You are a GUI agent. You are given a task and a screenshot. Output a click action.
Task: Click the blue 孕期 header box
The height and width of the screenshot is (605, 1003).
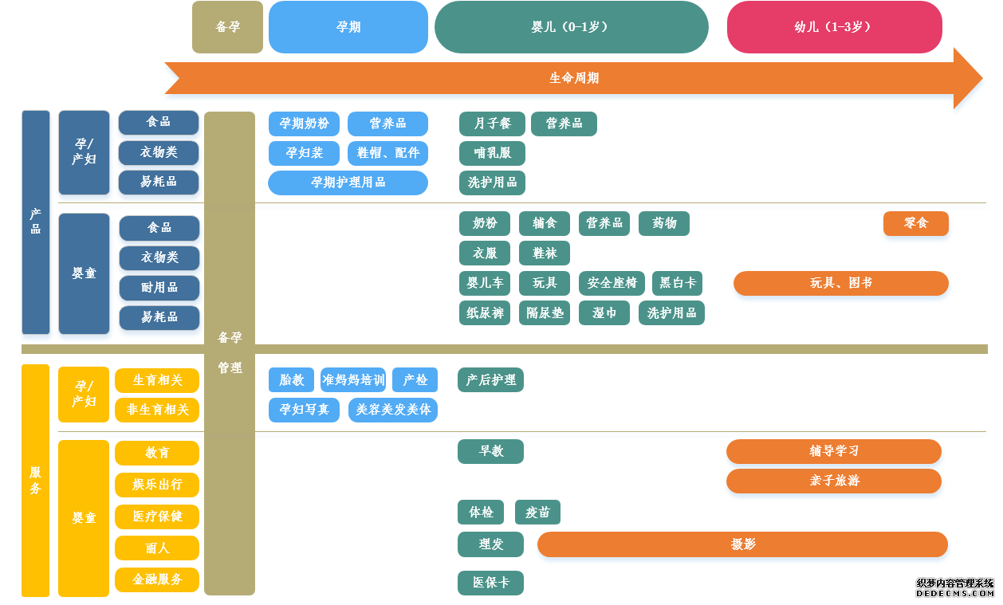(x=348, y=27)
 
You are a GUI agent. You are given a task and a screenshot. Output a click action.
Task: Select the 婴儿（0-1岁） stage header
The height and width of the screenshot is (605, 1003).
(x=571, y=27)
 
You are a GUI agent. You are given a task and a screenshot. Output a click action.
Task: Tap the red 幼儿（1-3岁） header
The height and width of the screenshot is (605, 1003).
(x=834, y=27)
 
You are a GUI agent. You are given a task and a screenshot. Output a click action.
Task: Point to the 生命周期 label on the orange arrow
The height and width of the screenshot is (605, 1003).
(x=574, y=78)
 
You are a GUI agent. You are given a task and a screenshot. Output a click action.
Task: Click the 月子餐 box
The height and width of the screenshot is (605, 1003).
(x=492, y=124)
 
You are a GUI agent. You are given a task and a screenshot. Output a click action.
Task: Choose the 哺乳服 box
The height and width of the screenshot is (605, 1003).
(x=492, y=153)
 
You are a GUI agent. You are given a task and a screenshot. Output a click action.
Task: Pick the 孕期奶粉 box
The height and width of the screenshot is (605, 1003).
(x=304, y=124)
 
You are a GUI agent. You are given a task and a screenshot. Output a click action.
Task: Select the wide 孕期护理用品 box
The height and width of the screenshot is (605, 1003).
(x=348, y=183)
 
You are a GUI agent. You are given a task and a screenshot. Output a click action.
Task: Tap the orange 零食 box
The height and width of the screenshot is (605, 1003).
(x=915, y=224)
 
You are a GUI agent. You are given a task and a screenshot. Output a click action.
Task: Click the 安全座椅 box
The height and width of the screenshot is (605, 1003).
(x=612, y=283)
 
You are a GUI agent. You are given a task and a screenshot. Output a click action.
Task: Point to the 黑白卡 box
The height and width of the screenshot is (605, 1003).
(x=678, y=283)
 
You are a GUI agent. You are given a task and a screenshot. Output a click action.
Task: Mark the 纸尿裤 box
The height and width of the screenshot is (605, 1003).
(x=485, y=313)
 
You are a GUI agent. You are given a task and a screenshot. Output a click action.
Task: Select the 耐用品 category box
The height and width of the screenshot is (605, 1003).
(x=159, y=288)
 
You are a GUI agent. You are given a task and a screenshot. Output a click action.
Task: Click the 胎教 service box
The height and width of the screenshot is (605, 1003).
(x=291, y=380)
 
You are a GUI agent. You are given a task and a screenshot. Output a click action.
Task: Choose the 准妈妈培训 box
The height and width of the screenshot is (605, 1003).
(x=353, y=380)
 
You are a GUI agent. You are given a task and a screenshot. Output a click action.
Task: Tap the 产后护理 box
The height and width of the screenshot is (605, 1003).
(x=490, y=380)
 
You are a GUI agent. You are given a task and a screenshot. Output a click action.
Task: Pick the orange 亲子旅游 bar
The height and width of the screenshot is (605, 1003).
(x=833, y=481)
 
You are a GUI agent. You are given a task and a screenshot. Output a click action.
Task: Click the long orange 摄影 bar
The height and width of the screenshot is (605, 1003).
(x=742, y=544)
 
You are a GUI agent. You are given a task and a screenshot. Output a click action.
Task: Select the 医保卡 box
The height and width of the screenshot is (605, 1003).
(x=490, y=583)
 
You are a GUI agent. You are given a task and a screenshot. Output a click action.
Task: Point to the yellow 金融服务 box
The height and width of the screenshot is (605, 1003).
(x=157, y=579)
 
